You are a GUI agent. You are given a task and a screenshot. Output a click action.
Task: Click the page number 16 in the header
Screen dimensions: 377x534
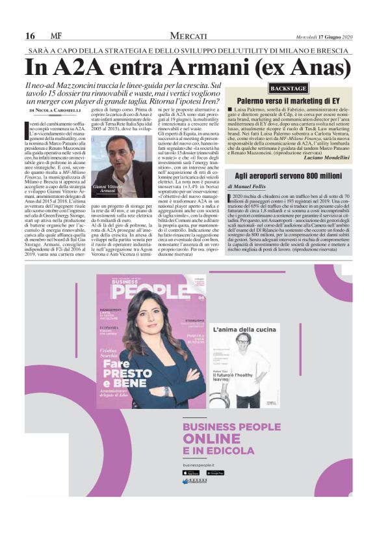[x=30, y=36]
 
